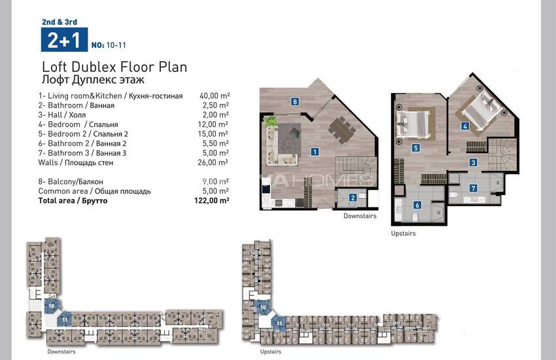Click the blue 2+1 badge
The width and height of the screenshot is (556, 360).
[64, 40]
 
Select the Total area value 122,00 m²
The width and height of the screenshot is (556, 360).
[212, 200]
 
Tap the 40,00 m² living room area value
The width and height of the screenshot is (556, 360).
[215, 96]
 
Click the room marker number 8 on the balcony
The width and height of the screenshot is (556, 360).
[294, 102]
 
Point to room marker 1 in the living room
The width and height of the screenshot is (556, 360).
[315, 152]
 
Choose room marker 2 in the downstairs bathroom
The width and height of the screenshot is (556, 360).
[353, 198]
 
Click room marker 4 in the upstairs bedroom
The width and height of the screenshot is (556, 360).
[465, 126]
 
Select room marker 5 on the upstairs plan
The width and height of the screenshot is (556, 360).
[416, 148]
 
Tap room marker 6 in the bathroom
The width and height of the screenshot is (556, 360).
[417, 205]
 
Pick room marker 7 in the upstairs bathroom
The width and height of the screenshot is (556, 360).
[473, 188]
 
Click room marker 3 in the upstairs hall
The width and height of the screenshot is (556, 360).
[473, 162]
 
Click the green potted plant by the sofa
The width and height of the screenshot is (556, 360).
[270, 121]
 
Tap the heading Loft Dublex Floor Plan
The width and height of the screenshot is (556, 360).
[114, 67]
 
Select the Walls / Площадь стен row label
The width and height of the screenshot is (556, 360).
[75, 162]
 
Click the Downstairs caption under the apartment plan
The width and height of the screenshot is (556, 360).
[360, 215]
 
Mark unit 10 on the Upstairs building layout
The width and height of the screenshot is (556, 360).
[263, 308]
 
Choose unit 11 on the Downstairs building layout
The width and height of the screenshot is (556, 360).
[65, 319]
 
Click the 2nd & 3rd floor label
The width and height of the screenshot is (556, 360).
[60, 22]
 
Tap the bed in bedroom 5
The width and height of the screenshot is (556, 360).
[413, 124]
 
